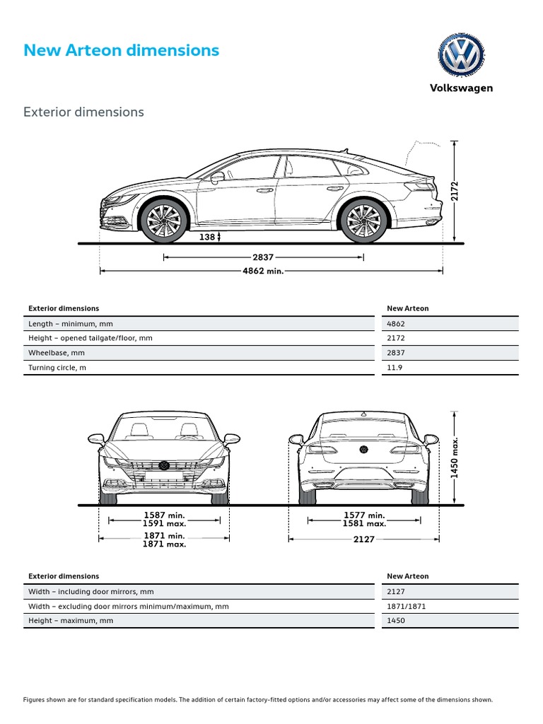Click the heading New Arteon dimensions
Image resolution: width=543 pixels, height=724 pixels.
tap(122, 50)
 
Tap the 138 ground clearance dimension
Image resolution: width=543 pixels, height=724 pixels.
tap(207, 238)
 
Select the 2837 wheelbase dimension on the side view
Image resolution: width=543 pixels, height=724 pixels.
tap(263, 257)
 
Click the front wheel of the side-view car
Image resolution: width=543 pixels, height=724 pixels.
tap(165, 219)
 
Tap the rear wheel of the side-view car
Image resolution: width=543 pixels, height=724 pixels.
tap(365, 219)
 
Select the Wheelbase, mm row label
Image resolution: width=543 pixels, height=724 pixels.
tap(57, 353)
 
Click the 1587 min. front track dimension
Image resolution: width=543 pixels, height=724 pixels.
tap(165, 515)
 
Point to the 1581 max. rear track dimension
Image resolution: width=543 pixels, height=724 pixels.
tap(365, 524)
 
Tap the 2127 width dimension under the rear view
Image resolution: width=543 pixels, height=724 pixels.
tap(365, 539)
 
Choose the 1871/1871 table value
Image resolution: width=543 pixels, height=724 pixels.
tap(407, 606)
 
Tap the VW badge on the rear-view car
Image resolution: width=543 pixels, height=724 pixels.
tap(364, 449)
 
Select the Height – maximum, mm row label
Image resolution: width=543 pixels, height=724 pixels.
tap(71, 620)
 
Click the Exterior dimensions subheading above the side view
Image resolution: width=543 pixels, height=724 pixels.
tap(83, 112)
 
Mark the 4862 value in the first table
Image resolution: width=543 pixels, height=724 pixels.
tap(397, 323)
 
